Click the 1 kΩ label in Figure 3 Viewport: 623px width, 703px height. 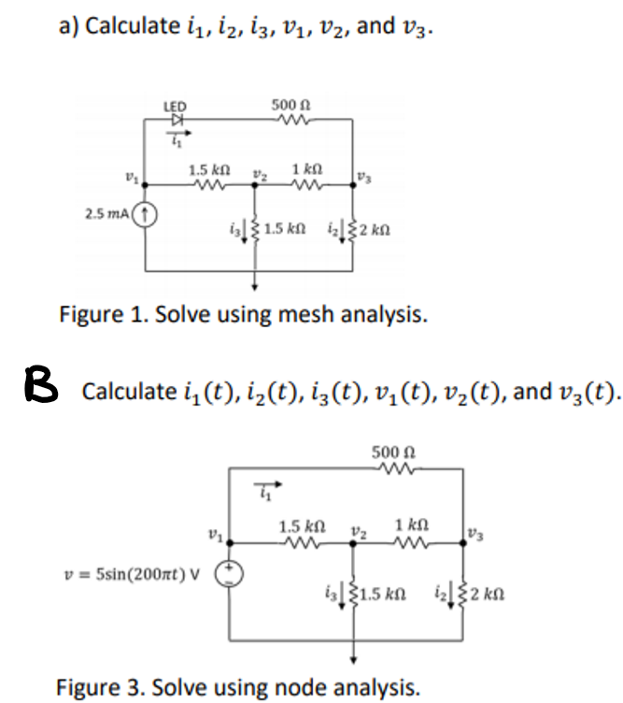coord(413,525)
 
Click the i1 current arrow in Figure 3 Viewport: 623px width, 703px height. coord(266,489)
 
